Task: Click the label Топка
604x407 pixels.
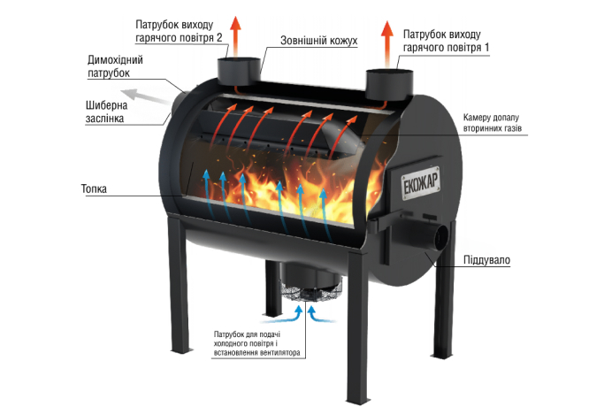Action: pyautogui.click(x=94, y=188)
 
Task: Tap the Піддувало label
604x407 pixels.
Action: pyautogui.click(x=486, y=260)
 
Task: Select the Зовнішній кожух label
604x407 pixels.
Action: pyautogui.click(x=319, y=41)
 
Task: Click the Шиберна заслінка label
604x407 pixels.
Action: pyautogui.click(x=106, y=111)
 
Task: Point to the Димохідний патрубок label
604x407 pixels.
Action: pyautogui.click(x=115, y=66)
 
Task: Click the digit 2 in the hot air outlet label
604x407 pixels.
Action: pyautogui.click(x=219, y=38)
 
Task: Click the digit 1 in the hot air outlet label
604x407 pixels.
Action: pyautogui.click(x=486, y=48)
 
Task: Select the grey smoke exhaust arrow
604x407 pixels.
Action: pyautogui.click(x=146, y=96)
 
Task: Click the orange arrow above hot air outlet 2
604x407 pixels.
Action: pyautogui.click(x=235, y=37)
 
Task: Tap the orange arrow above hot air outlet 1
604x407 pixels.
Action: pyautogui.click(x=387, y=44)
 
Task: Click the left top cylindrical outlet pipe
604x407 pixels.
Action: pyautogui.click(x=239, y=72)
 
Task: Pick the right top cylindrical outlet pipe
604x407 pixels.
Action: pyautogui.click(x=389, y=84)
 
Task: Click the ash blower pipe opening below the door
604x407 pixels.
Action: pyautogui.click(x=440, y=237)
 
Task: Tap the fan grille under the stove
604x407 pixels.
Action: pyautogui.click(x=311, y=292)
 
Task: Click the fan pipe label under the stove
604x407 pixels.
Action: pyautogui.click(x=257, y=343)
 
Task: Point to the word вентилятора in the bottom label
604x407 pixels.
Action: pyautogui.click(x=280, y=353)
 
